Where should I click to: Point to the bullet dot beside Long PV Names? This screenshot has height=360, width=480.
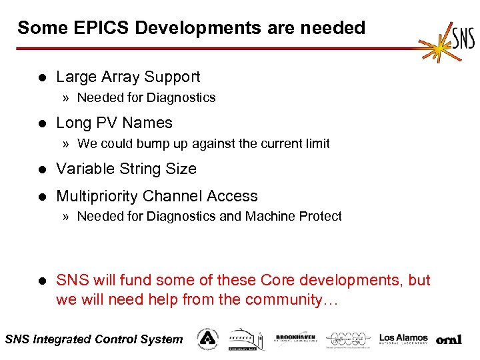click(42, 123)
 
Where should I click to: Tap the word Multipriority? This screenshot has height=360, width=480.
click(97, 196)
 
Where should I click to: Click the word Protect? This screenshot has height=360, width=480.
click(321, 216)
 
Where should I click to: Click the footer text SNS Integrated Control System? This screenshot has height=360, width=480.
click(93, 339)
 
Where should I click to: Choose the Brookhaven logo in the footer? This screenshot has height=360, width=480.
click(295, 339)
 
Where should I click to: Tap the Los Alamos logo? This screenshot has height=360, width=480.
click(403, 339)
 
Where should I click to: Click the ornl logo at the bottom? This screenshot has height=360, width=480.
click(449, 339)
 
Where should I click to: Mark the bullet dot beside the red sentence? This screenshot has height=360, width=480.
click(42, 281)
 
